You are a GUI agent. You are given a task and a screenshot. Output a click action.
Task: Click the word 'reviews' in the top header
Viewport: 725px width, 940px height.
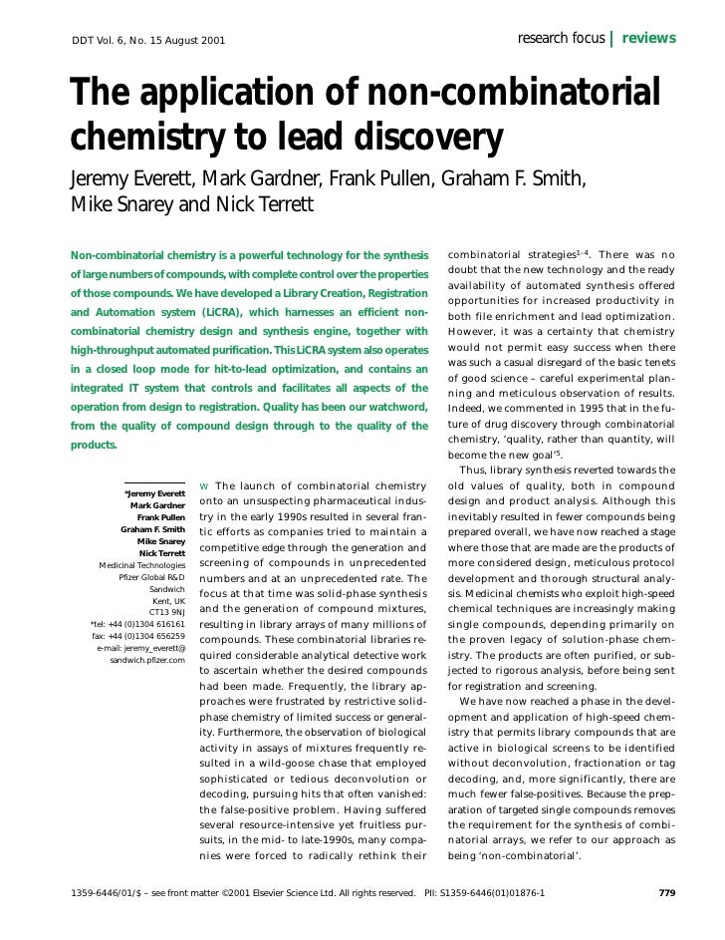click(649, 39)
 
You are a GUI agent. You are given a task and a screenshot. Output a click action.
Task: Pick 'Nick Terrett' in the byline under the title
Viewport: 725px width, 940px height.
click(268, 206)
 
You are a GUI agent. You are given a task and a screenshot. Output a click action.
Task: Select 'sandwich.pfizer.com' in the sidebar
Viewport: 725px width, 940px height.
click(147, 661)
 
